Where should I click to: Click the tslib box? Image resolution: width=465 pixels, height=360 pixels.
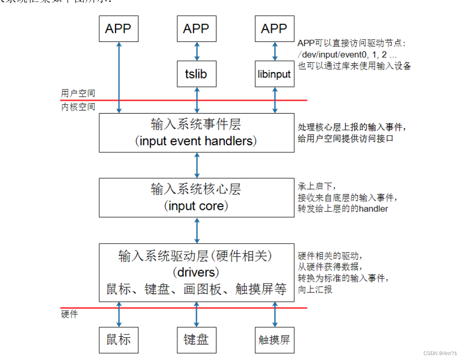(x=197, y=74)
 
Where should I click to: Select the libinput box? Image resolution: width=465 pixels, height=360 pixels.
(x=274, y=74)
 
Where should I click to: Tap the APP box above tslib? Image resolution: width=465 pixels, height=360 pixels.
(x=196, y=29)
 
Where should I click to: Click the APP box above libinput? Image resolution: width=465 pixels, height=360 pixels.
(x=274, y=29)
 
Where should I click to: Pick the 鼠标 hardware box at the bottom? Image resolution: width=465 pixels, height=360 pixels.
(x=119, y=339)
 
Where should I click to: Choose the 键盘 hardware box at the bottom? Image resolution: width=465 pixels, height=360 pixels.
(x=196, y=339)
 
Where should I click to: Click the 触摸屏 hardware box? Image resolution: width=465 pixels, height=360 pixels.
(x=274, y=339)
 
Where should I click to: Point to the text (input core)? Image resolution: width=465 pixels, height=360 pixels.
(x=196, y=206)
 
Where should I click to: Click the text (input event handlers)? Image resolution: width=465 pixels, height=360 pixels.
(x=196, y=141)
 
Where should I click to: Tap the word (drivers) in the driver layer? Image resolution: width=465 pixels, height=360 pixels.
(x=196, y=272)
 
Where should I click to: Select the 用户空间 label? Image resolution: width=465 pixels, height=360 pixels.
(x=78, y=93)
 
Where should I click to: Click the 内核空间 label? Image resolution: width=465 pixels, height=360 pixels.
(x=78, y=107)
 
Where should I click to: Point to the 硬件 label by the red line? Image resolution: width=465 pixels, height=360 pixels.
(x=69, y=314)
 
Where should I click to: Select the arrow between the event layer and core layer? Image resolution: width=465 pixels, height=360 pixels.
(x=197, y=165)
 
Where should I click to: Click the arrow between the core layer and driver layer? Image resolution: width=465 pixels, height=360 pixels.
(x=197, y=230)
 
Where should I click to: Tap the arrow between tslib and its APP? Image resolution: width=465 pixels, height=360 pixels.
(x=197, y=51)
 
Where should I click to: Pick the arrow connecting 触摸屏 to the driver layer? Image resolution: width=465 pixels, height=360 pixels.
(x=274, y=314)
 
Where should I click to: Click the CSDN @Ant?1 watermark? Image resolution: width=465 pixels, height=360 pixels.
(x=440, y=353)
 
